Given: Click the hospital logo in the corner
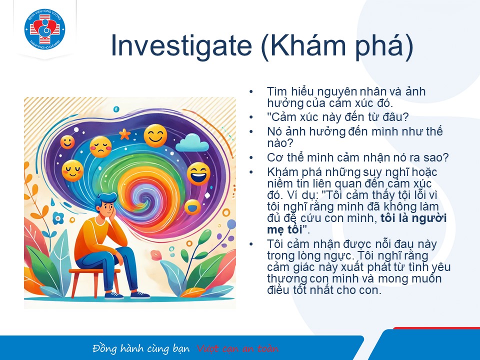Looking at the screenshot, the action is pos(44,29).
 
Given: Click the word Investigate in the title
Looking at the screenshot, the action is pos(181,45).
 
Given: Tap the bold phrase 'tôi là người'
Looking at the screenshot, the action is pos(413,218).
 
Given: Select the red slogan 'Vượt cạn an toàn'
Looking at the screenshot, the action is pos(238,348).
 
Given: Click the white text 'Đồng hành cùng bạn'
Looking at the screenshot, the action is pos(141,348).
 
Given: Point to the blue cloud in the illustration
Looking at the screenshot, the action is pos(192,142).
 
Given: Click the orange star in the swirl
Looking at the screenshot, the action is pos(124,134).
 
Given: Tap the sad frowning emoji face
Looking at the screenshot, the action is pos(100,147).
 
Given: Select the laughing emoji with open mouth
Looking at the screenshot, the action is pos(198,173).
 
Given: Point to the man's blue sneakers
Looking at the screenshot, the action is pos(126,295).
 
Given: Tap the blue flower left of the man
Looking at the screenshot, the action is pos(58,218).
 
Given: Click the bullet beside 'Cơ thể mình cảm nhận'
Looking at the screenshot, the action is pos(251,158).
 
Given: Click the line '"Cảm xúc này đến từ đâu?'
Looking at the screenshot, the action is pos(338,117).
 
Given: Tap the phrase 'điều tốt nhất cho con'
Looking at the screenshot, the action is pos(324,289).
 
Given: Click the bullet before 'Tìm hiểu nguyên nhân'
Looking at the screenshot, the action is pos(251,91).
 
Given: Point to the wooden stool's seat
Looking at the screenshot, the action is pos(94,271).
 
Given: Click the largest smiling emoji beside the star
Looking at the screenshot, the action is pos(155,135).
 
